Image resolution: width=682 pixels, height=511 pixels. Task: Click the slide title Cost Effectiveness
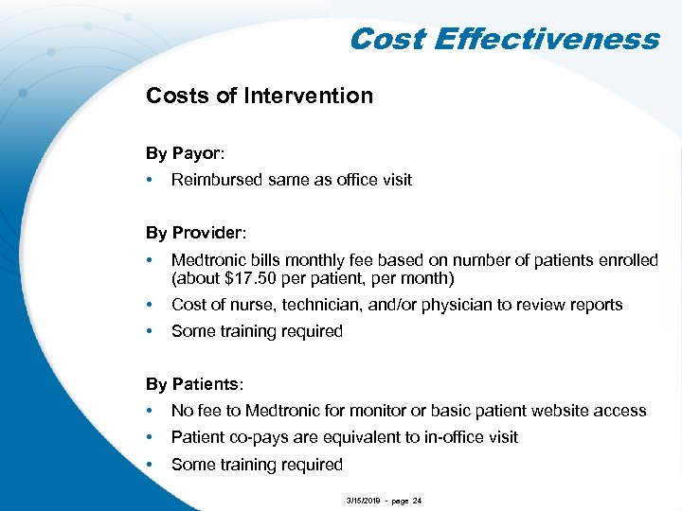point(503,39)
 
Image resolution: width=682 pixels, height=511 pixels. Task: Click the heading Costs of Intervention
point(259,96)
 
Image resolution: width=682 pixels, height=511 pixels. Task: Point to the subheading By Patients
point(194,384)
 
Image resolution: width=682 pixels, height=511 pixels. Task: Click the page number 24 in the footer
point(416,498)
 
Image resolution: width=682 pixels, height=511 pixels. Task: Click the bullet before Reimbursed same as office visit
point(151,180)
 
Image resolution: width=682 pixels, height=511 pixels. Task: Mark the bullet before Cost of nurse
point(151,305)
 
